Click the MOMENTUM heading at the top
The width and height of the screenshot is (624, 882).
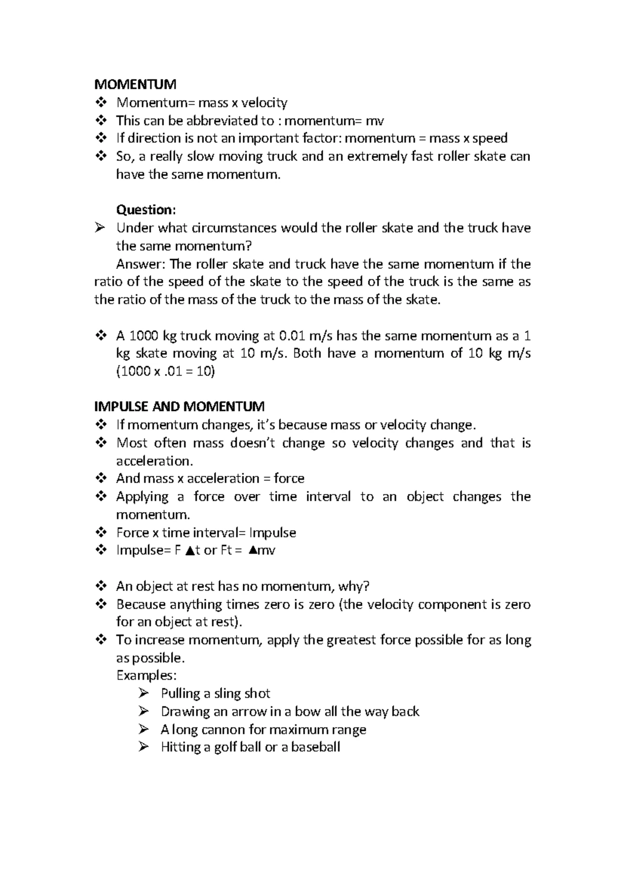pyautogui.click(x=135, y=84)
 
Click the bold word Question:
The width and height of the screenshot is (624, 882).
pyautogui.click(x=146, y=210)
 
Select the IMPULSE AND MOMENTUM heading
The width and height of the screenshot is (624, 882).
pyautogui.click(x=179, y=406)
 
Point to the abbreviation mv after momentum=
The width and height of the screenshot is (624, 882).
pyautogui.click(x=375, y=121)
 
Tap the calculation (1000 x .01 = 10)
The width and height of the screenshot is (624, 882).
pyautogui.click(x=165, y=371)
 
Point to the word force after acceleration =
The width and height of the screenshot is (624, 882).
pyautogui.click(x=289, y=478)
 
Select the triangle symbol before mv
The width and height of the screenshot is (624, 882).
pyautogui.click(x=252, y=551)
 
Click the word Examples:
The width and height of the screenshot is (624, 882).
pyautogui.click(x=147, y=676)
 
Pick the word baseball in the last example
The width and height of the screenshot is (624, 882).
pyautogui.click(x=316, y=747)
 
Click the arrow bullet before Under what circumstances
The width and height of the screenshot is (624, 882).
pyautogui.click(x=100, y=227)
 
